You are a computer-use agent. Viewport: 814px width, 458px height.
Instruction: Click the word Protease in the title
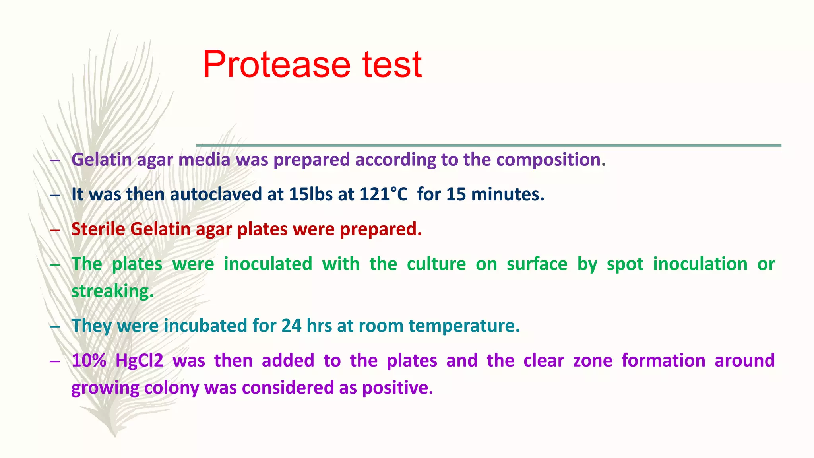click(276, 64)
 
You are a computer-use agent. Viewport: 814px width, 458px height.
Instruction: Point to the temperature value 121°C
click(384, 194)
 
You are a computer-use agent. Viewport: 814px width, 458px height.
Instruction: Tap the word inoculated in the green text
click(268, 264)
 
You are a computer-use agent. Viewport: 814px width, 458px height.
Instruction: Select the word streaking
click(112, 291)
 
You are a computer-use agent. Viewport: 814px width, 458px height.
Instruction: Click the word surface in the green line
click(537, 264)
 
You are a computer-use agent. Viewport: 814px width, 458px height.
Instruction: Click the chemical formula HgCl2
click(139, 361)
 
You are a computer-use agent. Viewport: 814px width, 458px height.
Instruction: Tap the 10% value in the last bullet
click(89, 361)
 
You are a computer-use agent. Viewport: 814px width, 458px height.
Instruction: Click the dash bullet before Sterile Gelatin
click(55, 230)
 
